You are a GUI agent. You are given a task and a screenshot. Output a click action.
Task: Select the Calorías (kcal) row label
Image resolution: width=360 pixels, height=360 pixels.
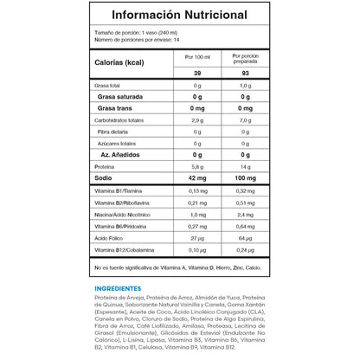pos(120,63)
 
